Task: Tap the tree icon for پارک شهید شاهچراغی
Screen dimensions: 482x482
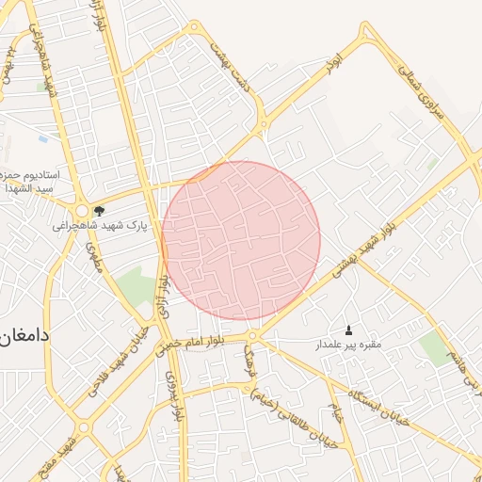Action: [99, 211]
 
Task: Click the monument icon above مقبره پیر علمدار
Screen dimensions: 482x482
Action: [350, 329]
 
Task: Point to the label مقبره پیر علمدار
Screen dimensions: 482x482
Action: [347, 345]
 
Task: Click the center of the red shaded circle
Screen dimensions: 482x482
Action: [241, 240]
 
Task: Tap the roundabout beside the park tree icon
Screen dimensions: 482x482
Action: [83, 212]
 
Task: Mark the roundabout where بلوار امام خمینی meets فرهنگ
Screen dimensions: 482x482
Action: [252, 336]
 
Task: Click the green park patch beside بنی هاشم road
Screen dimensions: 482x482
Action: [435, 347]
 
